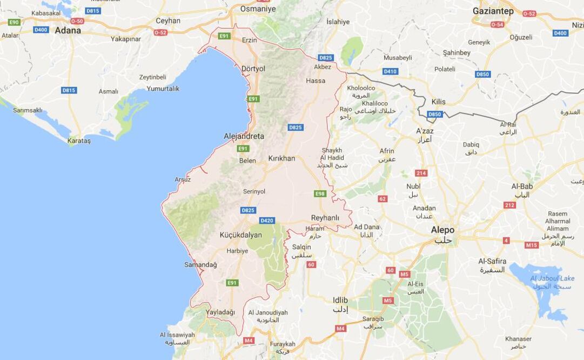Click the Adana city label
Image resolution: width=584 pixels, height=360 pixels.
click(x=68, y=30)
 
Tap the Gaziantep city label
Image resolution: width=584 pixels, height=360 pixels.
click(x=493, y=11)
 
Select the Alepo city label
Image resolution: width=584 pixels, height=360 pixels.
click(x=442, y=230)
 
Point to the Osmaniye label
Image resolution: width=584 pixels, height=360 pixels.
click(x=258, y=9)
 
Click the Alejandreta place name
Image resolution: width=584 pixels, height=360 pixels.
click(x=244, y=136)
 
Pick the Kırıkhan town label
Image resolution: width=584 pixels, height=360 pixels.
click(x=281, y=158)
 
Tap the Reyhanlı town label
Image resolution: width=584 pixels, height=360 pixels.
click(x=325, y=218)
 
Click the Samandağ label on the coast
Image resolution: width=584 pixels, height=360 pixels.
click(x=200, y=265)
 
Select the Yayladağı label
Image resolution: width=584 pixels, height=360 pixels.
click(x=220, y=312)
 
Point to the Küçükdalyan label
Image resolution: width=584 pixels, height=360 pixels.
click(x=240, y=235)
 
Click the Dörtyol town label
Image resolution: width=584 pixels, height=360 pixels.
click(x=253, y=69)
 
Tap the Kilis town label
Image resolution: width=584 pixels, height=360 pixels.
click(x=439, y=102)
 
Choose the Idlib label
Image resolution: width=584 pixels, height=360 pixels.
click(x=340, y=300)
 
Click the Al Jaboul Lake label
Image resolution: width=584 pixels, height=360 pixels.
click(x=552, y=278)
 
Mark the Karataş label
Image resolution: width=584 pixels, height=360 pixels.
click(x=79, y=141)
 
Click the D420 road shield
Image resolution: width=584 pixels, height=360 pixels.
click(x=267, y=221)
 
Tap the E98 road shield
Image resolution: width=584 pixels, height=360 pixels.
click(x=320, y=194)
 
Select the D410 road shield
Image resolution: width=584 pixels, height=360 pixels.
click(x=390, y=71)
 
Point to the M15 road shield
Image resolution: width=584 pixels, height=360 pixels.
click(x=532, y=245)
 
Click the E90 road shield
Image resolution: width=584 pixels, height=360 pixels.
click(x=14, y=22)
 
